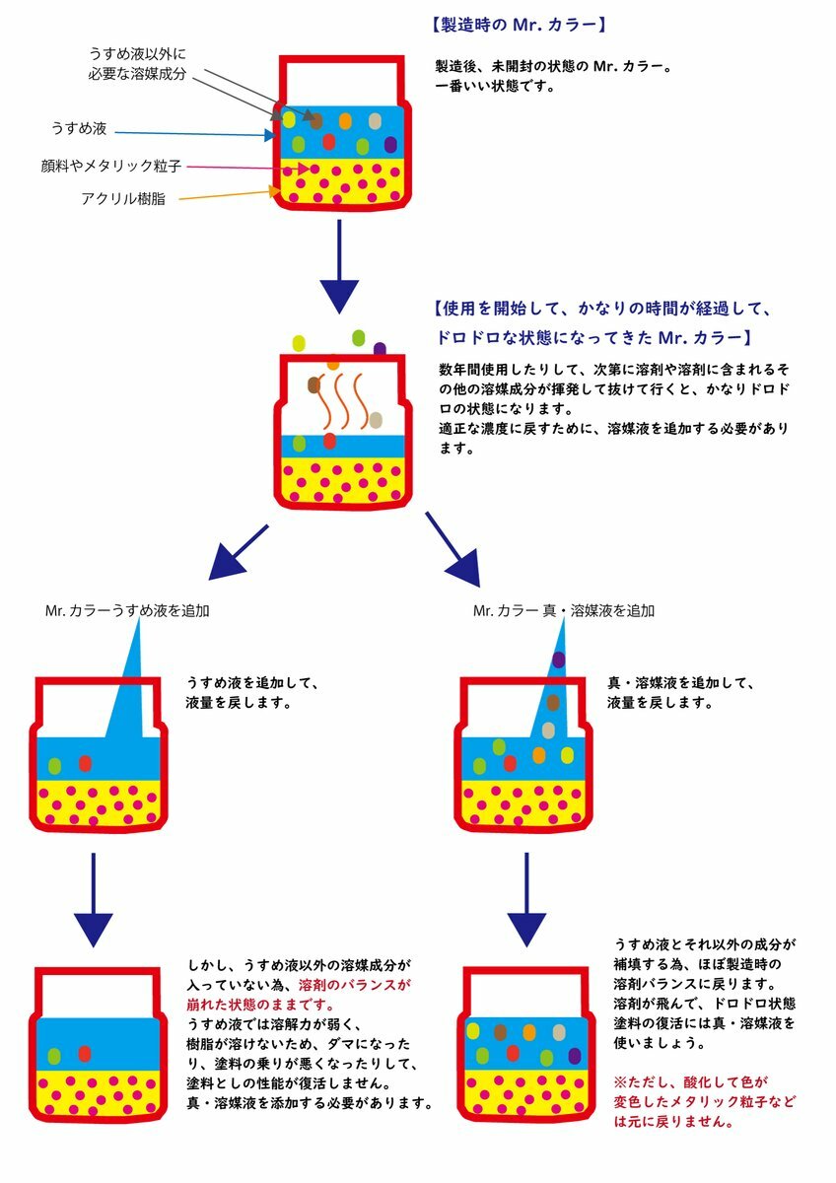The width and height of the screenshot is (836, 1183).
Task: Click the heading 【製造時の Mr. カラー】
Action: point(519,25)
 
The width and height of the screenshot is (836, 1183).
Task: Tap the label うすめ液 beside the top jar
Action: point(79,128)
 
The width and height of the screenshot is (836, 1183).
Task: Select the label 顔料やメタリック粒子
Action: point(111,166)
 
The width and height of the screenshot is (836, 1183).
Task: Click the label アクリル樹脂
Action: point(123,198)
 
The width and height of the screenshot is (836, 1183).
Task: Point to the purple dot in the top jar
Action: point(390,144)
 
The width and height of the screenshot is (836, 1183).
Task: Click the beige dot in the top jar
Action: point(375,121)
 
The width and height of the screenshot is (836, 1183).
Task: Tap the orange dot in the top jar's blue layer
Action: point(345,121)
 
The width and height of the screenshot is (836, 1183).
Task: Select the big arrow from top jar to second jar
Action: point(339,267)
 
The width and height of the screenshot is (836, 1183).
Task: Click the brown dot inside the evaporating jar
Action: point(313,385)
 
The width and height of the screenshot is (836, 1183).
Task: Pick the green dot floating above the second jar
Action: point(359,337)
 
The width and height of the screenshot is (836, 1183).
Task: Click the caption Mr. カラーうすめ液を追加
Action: point(127,611)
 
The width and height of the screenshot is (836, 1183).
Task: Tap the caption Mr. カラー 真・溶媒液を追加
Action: point(564,611)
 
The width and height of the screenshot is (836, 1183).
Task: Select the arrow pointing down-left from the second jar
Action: point(239,552)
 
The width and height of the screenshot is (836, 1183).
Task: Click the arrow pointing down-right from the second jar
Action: point(453,549)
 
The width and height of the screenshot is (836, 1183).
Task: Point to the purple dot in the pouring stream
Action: point(559,660)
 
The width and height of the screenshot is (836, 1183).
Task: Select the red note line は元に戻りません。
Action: point(673,1122)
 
